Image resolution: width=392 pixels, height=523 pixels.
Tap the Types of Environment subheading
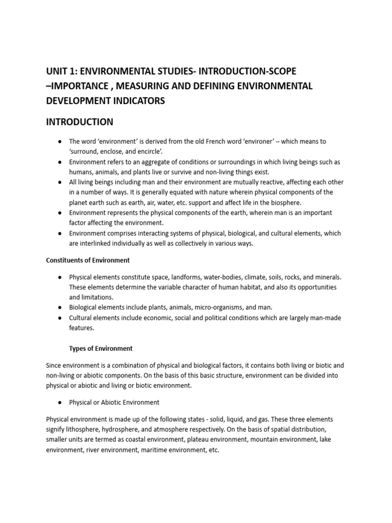coord(101,348)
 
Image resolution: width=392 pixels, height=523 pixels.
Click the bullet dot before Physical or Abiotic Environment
coord(60,402)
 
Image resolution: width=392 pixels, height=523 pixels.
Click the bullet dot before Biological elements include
coord(60,307)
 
